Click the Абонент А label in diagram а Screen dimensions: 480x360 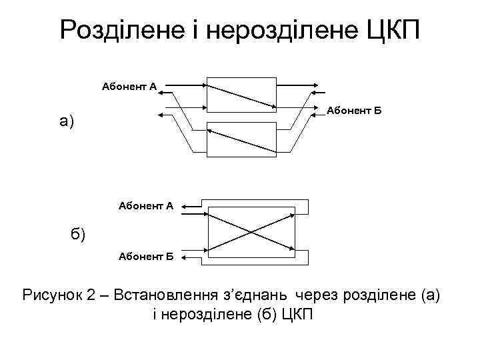(129, 86)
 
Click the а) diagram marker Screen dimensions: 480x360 (67, 121)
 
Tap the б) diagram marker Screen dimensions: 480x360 (77, 234)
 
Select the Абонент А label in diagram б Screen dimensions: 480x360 (145, 206)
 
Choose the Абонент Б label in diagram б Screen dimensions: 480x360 (145, 255)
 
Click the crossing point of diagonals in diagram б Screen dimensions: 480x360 (251, 232)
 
